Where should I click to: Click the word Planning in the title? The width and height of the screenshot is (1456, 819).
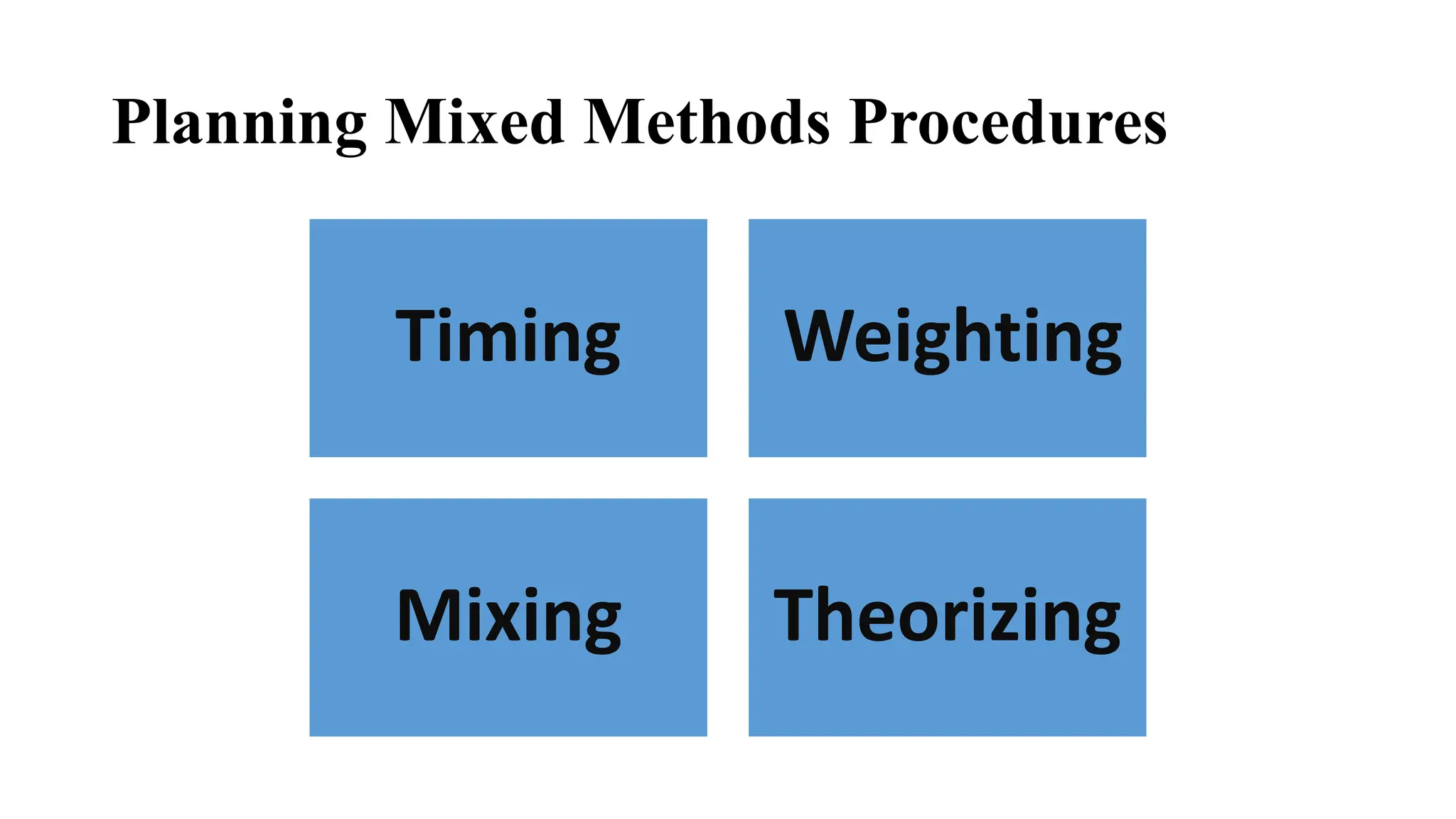point(239,122)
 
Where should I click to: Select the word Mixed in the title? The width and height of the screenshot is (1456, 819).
point(474,122)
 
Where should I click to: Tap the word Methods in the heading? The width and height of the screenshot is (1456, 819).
point(706,122)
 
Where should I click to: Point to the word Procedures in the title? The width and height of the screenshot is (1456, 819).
point(1007,122)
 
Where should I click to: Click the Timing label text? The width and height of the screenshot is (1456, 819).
point(508,338)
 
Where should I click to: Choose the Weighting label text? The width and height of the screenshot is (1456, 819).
point(952,338)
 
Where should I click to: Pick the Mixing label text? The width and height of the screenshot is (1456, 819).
point(508,617)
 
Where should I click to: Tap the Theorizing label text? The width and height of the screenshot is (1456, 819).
point(946,617)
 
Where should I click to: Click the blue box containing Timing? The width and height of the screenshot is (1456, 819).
point(508,412)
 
